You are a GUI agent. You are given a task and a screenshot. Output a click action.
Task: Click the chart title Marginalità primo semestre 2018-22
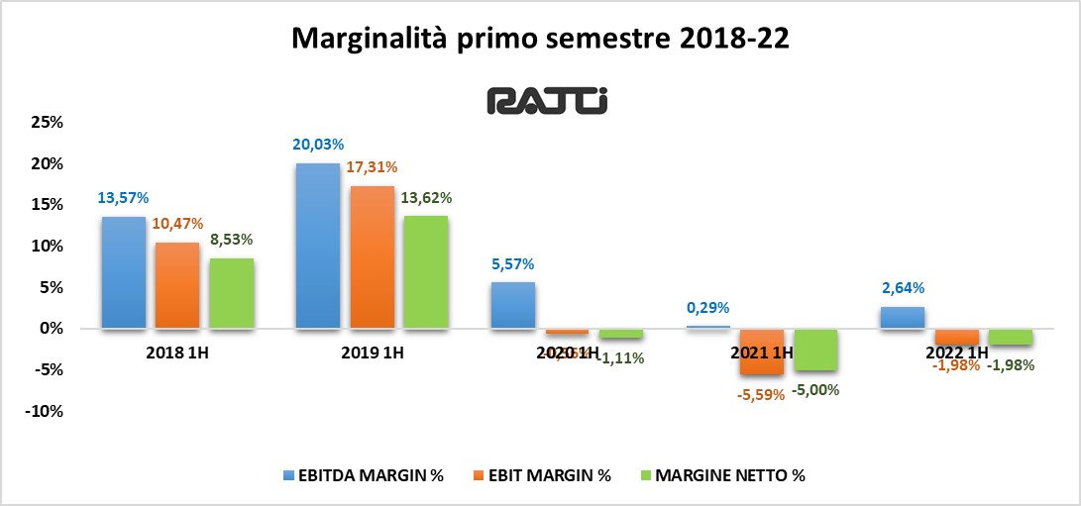[541, 40]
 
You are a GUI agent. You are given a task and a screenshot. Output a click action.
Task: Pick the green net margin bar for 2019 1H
[425, 271]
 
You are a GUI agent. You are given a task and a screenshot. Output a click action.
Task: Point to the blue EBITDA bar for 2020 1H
[512, 305]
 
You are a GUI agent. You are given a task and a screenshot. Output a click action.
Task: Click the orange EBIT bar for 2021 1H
[761, 352]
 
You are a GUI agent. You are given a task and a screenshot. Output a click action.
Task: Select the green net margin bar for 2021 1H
[815, 349]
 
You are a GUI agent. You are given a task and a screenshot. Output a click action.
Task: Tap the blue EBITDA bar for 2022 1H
[901, 317]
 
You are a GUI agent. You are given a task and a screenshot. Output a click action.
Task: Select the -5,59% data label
[760, 393]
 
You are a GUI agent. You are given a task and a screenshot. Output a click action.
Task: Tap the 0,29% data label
[706, 308]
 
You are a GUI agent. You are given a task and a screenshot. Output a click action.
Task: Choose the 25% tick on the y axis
[48, 123]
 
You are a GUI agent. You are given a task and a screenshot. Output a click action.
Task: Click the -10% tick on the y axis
[44, 411]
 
